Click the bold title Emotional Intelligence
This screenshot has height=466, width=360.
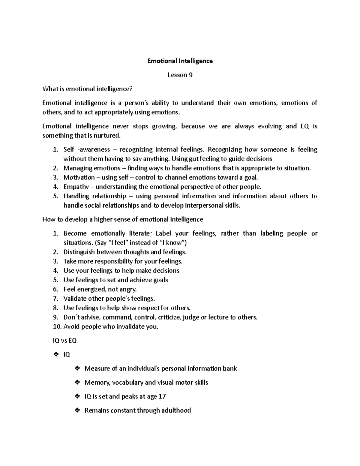[180, 61]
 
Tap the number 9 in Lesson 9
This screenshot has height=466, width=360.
[190, 75]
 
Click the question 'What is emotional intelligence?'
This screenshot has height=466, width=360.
[87, 89]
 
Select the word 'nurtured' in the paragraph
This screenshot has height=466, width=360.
[108, 136]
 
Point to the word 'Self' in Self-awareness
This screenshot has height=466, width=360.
[69, 149]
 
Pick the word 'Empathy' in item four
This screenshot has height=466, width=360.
[76, 187]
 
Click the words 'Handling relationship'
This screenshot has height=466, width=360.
[94, 196]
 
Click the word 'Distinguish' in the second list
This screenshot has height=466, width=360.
[79, 252]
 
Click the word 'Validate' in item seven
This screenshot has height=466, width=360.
[75, 299]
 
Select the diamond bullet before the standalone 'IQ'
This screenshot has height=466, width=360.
[55, 355]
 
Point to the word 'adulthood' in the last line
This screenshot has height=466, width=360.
[176, 410]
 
